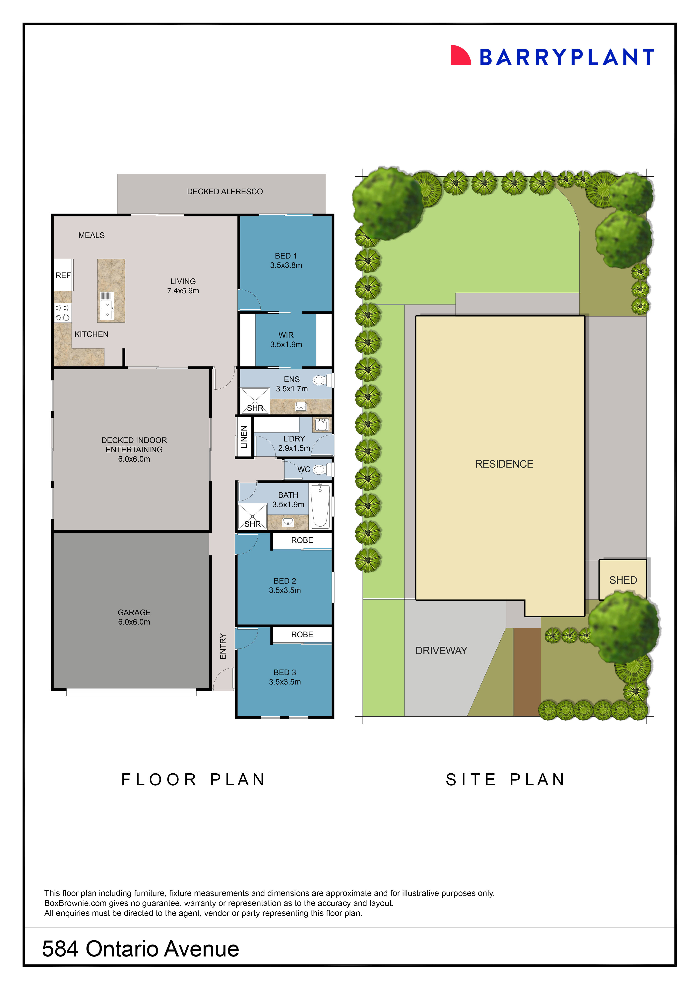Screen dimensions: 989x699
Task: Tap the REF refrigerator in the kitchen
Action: tap(63, 275)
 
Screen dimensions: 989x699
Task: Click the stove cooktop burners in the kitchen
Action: tap(62, 313)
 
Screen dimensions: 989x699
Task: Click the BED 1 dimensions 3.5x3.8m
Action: tap(286, 265)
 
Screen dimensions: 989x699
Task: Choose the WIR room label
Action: tap(286, 335)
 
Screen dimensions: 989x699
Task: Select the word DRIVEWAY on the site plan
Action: tap(441, 650)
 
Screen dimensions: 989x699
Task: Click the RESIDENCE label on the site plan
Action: tap(504, 464)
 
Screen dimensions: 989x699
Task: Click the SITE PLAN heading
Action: tap(505, 780)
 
